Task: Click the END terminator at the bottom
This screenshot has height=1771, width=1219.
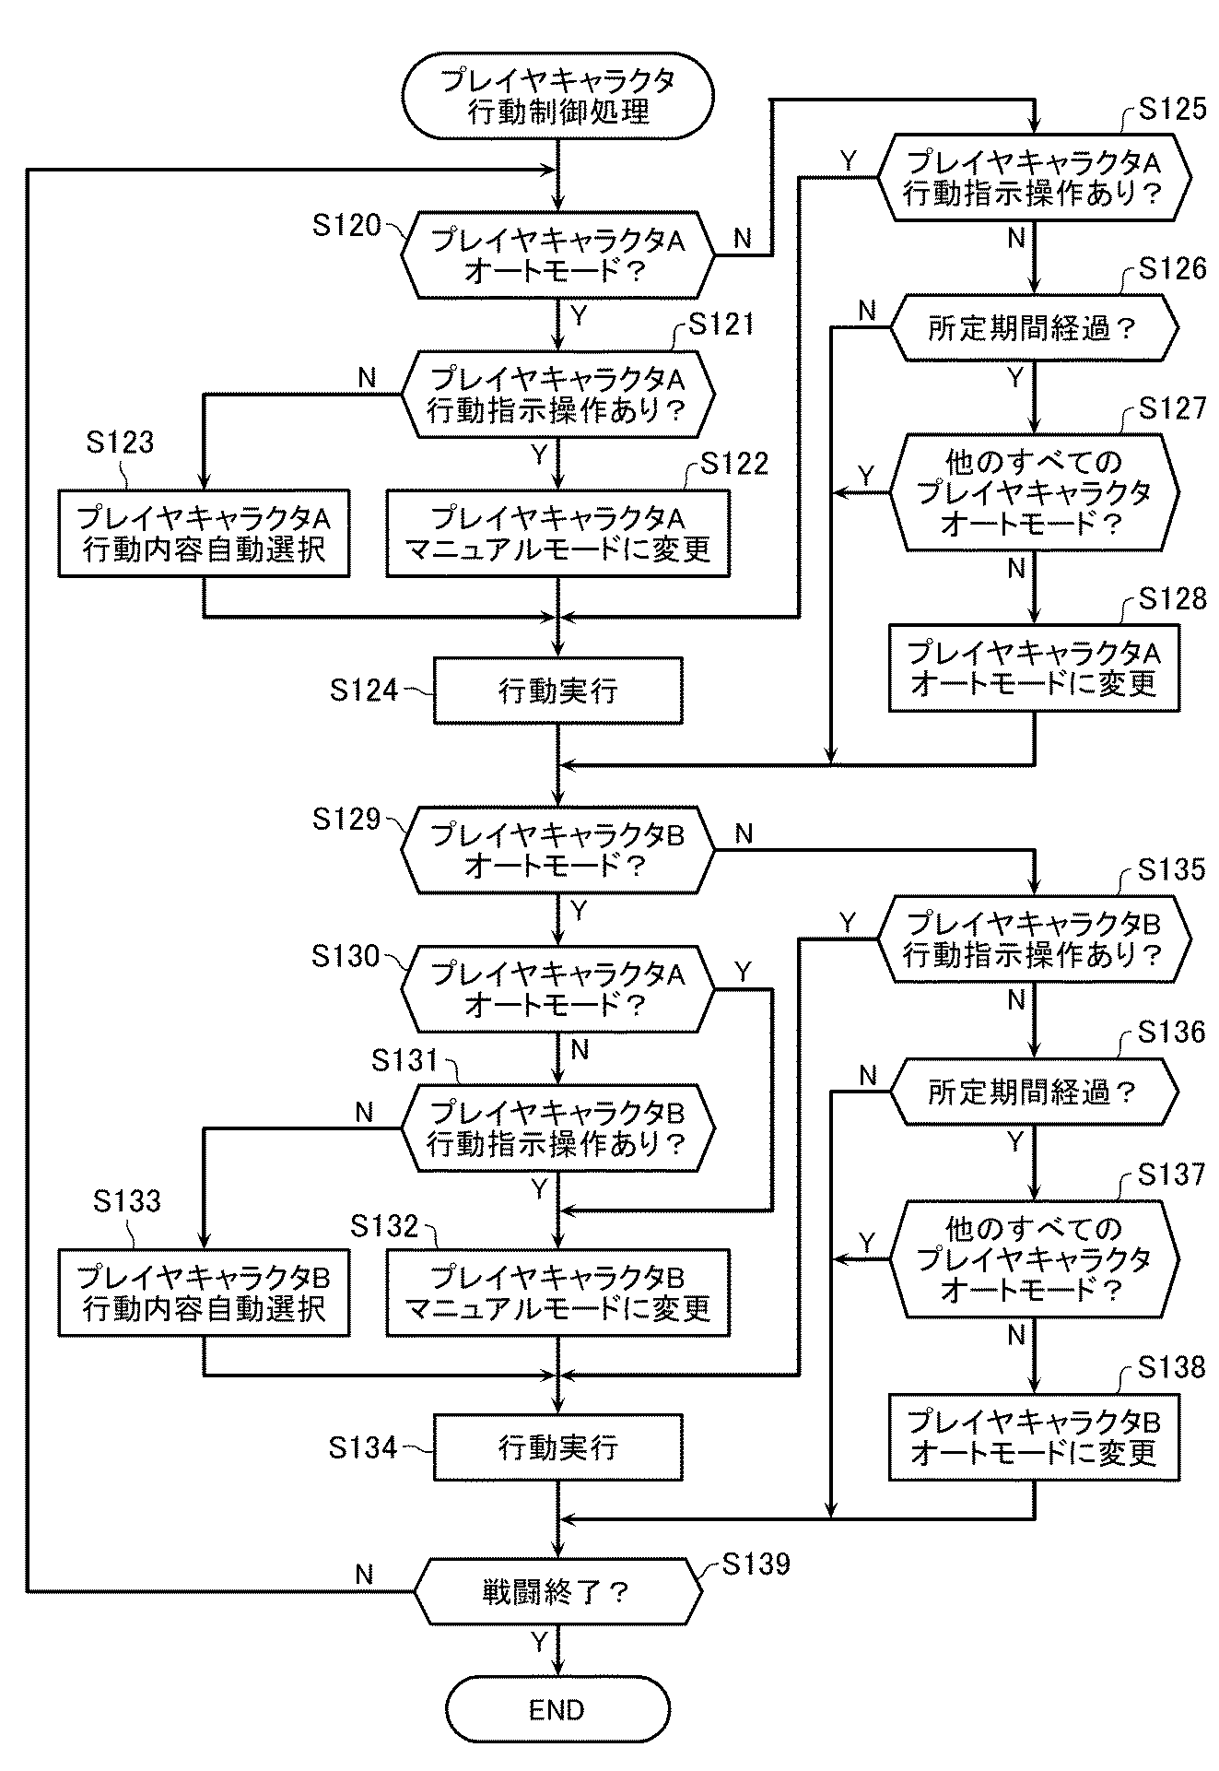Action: (557, 1709)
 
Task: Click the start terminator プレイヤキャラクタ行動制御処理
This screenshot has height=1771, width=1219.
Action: (557, 96)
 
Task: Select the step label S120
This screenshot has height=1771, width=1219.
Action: (346, 225)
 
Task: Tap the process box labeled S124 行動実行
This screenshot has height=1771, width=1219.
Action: (557, 690)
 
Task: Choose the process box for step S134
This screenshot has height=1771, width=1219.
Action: (557, 1447)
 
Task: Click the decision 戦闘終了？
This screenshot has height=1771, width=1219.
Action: (557, 1591)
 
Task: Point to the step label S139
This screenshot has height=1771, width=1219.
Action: (756, 1564)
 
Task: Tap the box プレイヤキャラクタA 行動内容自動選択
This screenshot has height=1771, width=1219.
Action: (204, 533)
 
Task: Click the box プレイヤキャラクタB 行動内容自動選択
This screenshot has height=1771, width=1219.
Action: (204, 1293)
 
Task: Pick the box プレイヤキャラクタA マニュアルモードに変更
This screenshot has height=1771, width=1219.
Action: (557, 533)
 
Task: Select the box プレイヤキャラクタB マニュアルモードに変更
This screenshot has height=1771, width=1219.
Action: (557, 1293)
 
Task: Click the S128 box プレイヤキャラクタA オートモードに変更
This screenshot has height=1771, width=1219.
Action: (1034, 667)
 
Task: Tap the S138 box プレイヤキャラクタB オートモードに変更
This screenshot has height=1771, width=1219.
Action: (1034, 1436)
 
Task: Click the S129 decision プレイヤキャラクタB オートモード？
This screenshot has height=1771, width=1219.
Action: (557, 849)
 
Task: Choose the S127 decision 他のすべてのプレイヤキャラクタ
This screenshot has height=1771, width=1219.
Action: (1034, 491)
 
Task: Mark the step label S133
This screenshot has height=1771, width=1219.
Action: (127, 1200)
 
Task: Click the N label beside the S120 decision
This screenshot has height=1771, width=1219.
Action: (743, 240)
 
